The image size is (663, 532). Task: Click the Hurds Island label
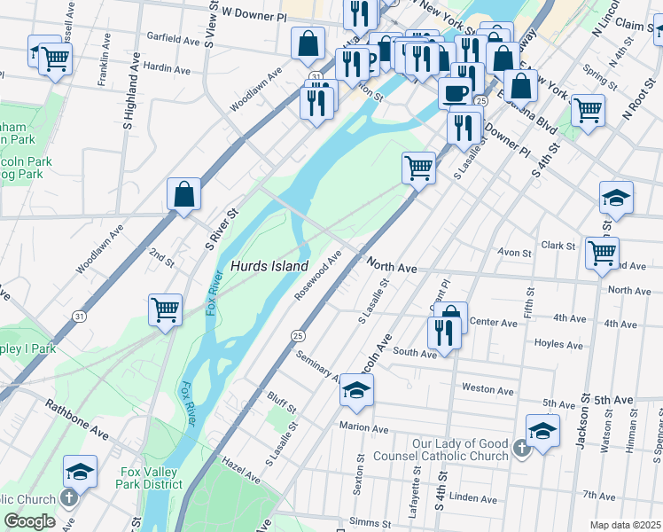click(269, 266)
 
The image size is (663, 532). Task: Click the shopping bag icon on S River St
click(183, 194)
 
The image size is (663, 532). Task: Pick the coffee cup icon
click(455, 92)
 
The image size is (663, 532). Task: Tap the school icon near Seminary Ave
click(356, 390)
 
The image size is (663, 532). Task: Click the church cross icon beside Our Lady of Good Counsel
click(522, 450)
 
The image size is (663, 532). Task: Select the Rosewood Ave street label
click(318, 276)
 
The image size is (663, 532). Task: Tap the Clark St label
click(558, 246)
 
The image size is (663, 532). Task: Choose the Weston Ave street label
click(487, 389)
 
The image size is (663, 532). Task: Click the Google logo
click(30, 521)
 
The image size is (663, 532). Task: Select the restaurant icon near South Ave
click(443, 333)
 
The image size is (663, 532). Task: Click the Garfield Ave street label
click(174, 40)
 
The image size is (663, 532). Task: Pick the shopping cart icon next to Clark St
click(603, 253)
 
